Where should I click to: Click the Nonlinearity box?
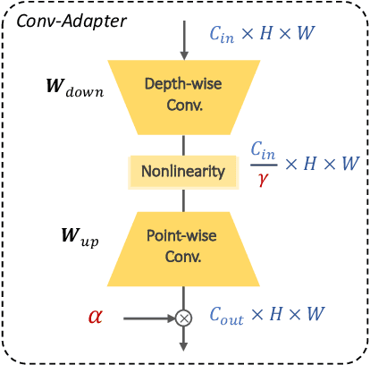[184, 170]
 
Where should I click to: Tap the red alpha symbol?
[95, 316]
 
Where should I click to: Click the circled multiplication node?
[183, 317]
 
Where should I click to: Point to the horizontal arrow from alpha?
[147, 317]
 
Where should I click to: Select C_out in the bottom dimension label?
[230, 316]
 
